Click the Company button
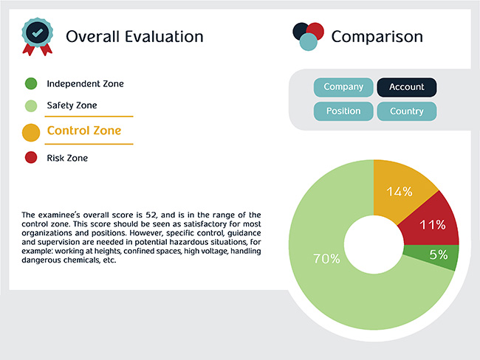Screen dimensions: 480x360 (343, 87)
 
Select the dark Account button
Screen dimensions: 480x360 (407, 87)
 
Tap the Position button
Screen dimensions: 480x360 (343, 111)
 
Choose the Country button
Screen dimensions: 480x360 (407, 111)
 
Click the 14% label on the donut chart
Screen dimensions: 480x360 (400, 192)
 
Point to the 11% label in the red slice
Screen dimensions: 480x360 (433, 225)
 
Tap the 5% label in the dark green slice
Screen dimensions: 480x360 (439, 255)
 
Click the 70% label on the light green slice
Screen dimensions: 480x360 (326, 259)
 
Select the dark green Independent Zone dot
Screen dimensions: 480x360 (31, 83)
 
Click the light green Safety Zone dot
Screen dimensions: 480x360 (31, 105)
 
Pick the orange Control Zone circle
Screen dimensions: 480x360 (31, 133)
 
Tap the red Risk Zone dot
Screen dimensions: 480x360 (31, 158)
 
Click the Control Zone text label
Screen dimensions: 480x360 (84, 131)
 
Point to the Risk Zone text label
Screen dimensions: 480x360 (67, 158)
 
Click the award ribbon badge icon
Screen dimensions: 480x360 (38, 37)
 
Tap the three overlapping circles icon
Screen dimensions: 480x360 (308, 36)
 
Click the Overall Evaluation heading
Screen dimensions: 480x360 (134, 37)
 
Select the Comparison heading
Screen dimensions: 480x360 (377, 37)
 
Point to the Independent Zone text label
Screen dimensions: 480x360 (86, 84)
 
